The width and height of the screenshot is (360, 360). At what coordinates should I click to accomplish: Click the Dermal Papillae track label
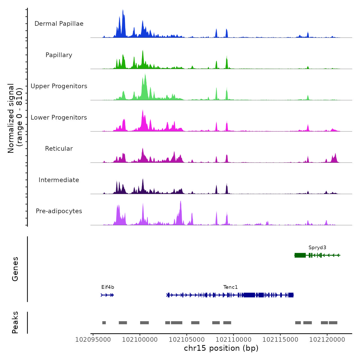pyautogui.click(x=59, y=24)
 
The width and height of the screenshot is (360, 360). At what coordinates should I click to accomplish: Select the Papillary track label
pyautogui.click(x=59, y=55)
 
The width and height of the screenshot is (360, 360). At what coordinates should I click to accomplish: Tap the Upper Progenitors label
pyautogui.click(x=59, y=86)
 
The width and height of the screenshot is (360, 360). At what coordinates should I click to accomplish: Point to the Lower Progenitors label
pyautogui.click(x=59, y=118)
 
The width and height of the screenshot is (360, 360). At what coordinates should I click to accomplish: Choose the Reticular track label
pyautogui.click(x=59, y=149)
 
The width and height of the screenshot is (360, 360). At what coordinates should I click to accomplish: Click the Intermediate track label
pyautogui.click(x=59, y=180)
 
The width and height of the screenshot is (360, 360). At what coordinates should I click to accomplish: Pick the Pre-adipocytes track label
pyautogui.click(x=59, y=211)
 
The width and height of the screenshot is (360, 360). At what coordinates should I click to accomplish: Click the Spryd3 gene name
pyautogui.click(x=317, y=248)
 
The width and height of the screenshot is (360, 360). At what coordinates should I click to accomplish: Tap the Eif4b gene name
pyautogui.click(x=108, y=287)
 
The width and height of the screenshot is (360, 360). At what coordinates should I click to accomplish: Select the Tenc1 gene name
pyautogui.click(x=230, y=287)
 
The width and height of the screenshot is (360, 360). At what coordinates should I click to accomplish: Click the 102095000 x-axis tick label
pyautogui.click(x=93, y=340)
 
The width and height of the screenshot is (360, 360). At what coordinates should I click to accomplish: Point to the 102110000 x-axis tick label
pyautogui.click(x=233, y=340)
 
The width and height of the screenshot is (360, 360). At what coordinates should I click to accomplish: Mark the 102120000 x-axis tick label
pyautogui.click(x=327, y=340)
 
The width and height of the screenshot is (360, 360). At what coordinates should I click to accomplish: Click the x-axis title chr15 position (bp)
pyautogui.click(x=221, y=348)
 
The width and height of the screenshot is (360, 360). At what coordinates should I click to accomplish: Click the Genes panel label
pyautogui.click(x=15, y=269)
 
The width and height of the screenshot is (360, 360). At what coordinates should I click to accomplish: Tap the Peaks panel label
pyautogui.click(x=15, y=322)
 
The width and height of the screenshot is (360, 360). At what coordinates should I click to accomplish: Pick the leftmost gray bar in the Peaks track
pyautogui.click(x=104, y=323)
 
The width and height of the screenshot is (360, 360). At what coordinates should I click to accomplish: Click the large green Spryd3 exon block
pyautogui.click(x=300, y=255)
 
